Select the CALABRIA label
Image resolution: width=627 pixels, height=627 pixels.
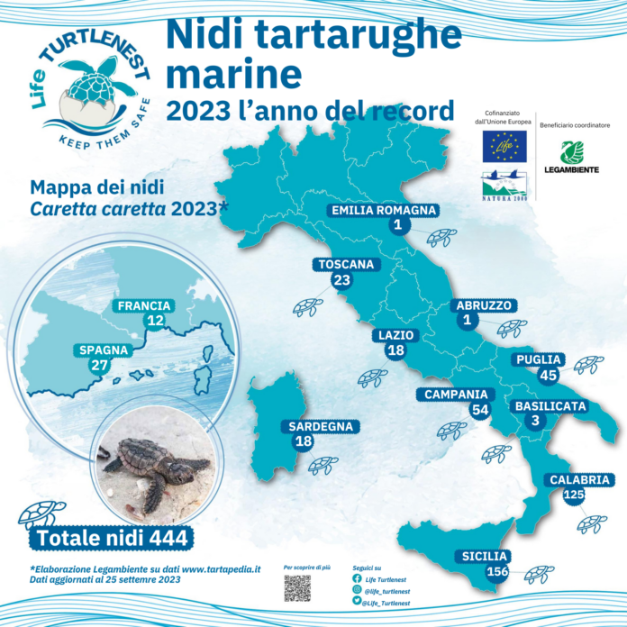[581, 479]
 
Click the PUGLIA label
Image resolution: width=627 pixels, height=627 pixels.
[540, 359]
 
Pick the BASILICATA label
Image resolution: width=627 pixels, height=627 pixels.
[550, 406]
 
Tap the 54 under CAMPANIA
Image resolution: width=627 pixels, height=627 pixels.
[480, 410]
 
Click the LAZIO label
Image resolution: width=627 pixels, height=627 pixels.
[395, 335]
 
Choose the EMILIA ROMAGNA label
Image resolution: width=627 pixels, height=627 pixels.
[385, 211]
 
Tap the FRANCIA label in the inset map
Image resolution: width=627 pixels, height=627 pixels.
[144, 305]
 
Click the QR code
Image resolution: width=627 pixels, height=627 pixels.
[297, 588]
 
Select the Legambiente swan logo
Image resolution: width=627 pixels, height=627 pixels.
[572, 152]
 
